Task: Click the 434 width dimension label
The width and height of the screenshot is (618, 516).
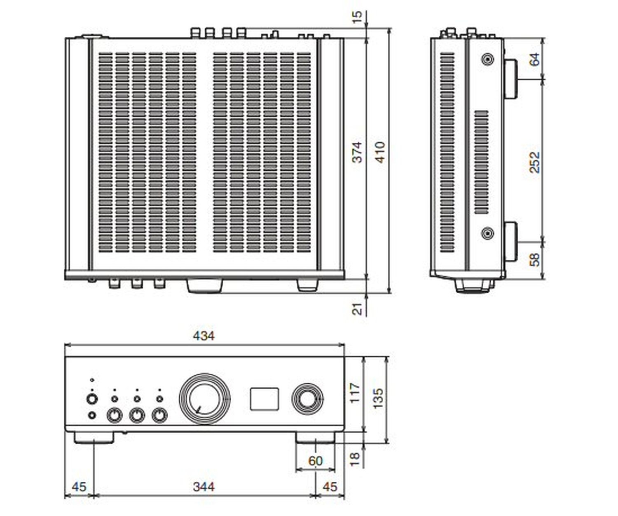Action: (204, 336)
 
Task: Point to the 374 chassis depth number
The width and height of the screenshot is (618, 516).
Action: (358, 152)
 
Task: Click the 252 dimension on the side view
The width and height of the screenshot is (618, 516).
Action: (534, 162)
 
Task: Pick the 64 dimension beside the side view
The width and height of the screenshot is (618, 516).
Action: (534, 59)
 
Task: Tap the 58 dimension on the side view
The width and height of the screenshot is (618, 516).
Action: (534, 259)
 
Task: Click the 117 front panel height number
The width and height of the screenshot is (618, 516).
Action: (355, 393)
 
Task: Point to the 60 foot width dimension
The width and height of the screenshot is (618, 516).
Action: (316, 461)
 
